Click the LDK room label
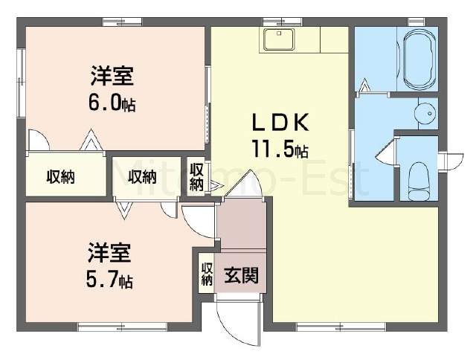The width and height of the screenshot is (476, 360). click(281, 122)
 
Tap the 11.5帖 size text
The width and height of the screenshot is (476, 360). click(280, 149)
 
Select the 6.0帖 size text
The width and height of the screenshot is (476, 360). click(112, 103)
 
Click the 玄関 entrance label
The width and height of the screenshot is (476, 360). click(241, 275)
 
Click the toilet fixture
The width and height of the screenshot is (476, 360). click(418, 181)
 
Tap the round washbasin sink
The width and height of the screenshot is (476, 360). click(426, 113)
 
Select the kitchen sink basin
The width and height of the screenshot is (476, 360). click(279, 39)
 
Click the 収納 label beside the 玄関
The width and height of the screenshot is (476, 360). click(207, 274)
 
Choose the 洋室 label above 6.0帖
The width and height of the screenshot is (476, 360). click(112, 76)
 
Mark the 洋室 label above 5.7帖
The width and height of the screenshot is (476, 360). click(109, 252)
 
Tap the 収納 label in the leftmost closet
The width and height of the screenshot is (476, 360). click(61, 177)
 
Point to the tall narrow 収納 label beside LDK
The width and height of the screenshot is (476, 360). click(196, 177)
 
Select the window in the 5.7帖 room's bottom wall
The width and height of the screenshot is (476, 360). click(122, 327)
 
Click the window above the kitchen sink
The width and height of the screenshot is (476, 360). click(283, 22)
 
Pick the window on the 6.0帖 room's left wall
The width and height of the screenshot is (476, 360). click(21, 83)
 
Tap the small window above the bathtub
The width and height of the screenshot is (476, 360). click(416, 22)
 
